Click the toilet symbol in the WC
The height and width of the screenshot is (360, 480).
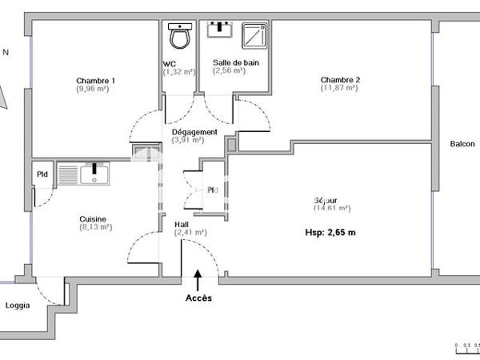[x=180, y=36]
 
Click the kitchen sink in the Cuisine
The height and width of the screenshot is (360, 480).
[x=94, y=173]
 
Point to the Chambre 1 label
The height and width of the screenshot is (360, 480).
[x=95, y=80]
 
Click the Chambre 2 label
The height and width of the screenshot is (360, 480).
[x=340, y=79]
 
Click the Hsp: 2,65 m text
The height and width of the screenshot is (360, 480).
[x=330, y=233]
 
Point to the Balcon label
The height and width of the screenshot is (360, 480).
[x=462, y=144]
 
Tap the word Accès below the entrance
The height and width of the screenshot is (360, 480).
[x=198, y=298]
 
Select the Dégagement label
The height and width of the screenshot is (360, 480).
[x=194, y=132]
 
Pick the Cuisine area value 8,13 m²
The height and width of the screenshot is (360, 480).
[x=96, y=227]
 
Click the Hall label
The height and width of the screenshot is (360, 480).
[x=182, y=225]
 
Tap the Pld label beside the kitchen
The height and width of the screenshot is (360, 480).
[x=42, y=175]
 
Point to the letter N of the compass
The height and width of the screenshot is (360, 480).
[x=6, y=53]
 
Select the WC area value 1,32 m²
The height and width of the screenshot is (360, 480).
[x=179, y=71]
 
